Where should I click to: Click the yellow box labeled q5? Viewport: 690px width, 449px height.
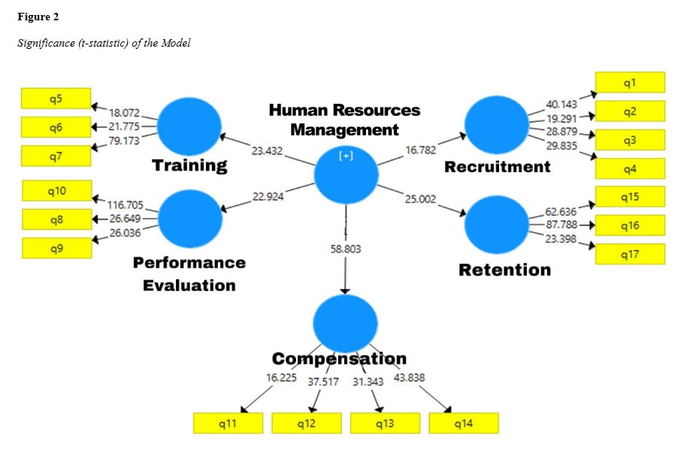(56, 98)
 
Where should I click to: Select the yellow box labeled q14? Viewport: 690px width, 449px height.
(463, 423)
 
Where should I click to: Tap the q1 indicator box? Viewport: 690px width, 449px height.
(630, 82)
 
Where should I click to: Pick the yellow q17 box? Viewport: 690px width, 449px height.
(630, 254)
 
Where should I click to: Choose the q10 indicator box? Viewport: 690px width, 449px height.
(56, 191)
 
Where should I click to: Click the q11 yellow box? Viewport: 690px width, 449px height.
(228, 423)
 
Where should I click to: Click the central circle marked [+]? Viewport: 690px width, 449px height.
(345, 174)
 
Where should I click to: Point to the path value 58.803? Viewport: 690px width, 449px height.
(346, 247)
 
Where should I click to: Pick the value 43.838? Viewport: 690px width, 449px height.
(410, 378)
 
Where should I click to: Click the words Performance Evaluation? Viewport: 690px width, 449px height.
(189, 274)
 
